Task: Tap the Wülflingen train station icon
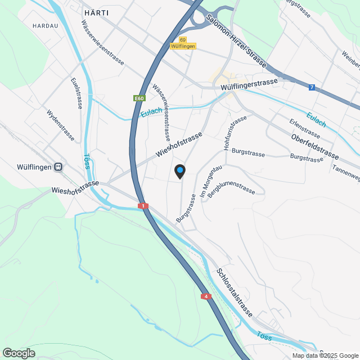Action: (57, 167)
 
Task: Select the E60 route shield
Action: (138, 98)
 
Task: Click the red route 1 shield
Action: (143, 206)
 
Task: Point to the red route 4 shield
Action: (206, 296)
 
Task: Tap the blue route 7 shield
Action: (312, 87)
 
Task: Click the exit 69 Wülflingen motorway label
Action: (183, 43)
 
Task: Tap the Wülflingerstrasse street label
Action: (250, 85)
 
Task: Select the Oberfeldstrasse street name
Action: (315, 146)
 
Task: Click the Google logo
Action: (18, 353)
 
